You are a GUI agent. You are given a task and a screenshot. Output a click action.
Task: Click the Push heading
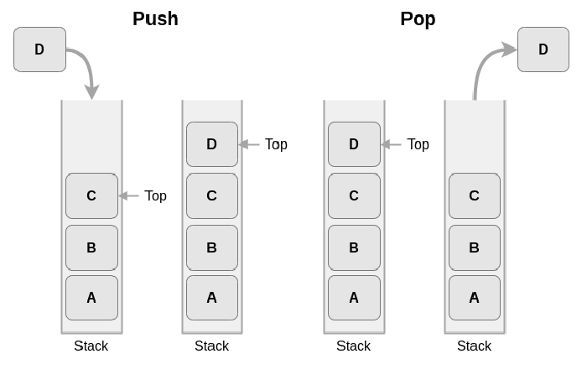(155, 18)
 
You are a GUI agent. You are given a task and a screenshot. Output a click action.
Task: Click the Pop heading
(418, 19)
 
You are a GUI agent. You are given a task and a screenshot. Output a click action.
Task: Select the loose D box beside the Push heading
(39, 49)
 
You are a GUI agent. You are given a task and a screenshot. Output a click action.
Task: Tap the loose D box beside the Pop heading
(543, 49)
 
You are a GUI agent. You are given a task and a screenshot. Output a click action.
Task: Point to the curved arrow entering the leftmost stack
(89, 64)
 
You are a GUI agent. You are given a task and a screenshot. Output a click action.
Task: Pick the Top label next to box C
(155, 195)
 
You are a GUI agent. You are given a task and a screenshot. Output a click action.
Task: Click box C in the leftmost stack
(91, 195)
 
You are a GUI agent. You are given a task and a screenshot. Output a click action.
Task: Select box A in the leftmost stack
(91, 298)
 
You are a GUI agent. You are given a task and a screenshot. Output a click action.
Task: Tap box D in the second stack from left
(212, 144)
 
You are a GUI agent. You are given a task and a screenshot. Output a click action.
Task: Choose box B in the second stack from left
(212, 247)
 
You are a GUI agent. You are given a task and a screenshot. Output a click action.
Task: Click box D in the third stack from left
(354, 144)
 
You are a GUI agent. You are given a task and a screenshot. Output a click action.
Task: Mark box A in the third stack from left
(354, 298)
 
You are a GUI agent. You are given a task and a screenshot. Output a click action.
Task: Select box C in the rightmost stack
(475, 195)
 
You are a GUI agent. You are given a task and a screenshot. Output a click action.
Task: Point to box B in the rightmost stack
(475, 247)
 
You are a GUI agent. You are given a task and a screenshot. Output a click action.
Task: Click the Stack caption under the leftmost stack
(91, 346)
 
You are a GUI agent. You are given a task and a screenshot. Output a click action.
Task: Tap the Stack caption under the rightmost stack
(474, 346)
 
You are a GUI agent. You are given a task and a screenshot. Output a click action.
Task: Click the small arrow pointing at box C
(128, 195)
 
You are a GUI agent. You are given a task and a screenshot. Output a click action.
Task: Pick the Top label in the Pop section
(418, 144)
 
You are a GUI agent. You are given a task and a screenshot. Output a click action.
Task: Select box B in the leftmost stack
(91, 247)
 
